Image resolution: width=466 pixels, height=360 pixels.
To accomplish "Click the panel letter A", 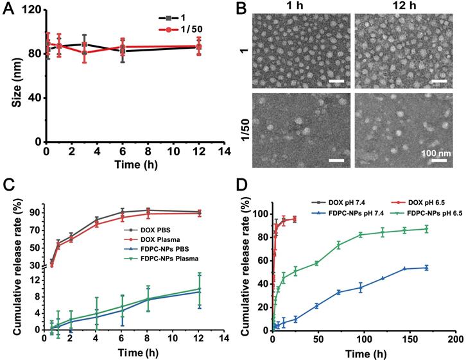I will (8, 10).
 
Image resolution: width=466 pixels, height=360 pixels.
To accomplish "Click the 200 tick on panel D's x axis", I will (454, 338).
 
